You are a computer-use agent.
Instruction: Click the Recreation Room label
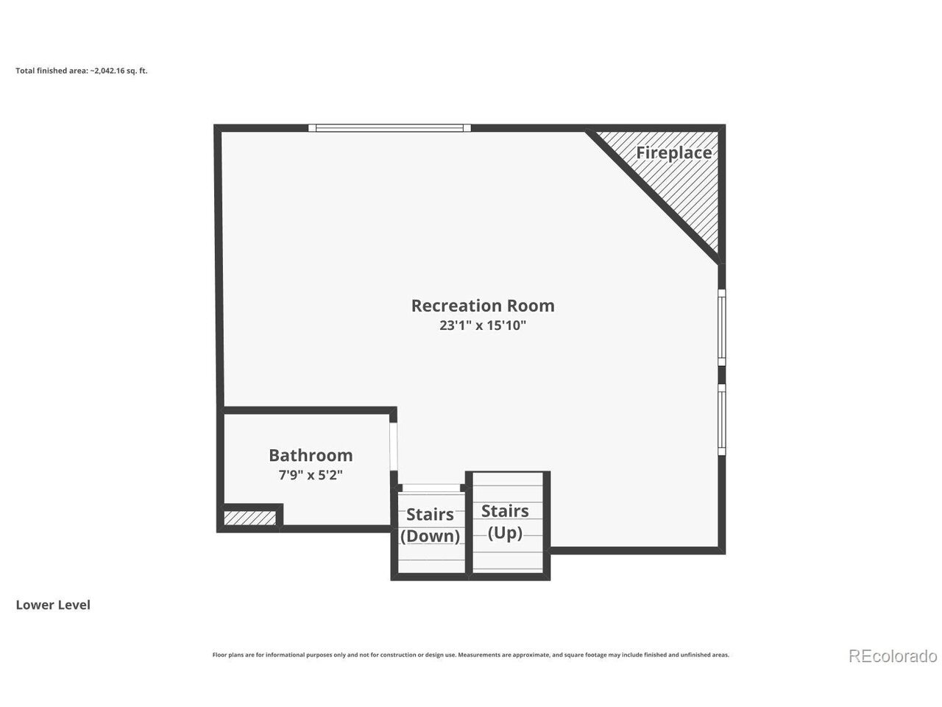483,306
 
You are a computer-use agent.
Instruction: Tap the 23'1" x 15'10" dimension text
483,326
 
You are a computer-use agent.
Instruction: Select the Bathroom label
311,455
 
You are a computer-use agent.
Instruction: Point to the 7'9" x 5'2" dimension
311,475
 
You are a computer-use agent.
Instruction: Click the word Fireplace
674,153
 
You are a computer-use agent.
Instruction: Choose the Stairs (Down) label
430,525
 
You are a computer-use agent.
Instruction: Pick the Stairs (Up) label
505,522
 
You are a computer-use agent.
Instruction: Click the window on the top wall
389,128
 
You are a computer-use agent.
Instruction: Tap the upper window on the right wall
722,328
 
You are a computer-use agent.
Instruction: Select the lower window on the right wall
722,419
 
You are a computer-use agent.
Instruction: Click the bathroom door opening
393,447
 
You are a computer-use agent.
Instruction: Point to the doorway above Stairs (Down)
431,488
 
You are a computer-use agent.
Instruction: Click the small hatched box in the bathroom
249,518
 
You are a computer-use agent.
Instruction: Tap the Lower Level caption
53,605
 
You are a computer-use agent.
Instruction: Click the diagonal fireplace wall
652,196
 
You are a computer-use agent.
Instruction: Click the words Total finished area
52,71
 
